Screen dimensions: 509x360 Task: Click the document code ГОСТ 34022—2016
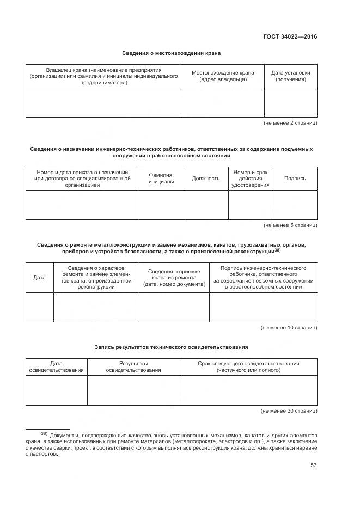tap(290, 36)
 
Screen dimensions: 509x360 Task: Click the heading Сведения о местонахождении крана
tap(171, 53)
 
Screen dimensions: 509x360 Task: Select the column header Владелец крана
tap(104, 77)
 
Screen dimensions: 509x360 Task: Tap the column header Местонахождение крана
tap(223, 76)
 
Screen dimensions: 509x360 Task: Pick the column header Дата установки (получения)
tap(290, 76)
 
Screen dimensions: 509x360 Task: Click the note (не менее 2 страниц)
tap(290, 123)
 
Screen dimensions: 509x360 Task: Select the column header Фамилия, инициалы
tap(161, 178)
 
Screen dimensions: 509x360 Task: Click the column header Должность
tap(205, 178)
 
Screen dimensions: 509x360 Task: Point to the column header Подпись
tap(295, 178)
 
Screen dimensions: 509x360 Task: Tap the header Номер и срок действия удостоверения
tap(250, 178)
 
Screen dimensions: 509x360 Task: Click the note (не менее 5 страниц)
tap(290, 225)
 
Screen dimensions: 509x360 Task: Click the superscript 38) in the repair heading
tap(277, 250)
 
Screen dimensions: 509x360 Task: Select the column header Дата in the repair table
tap(39, 278)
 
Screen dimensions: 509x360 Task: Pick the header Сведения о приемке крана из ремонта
tap(174, 278)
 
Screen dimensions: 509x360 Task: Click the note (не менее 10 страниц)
tap(289, 328)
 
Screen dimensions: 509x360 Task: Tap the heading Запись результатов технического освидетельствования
tap(171, 346)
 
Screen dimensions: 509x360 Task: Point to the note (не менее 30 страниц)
tap(289, 411)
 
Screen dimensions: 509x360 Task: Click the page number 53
tap(313, 465)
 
